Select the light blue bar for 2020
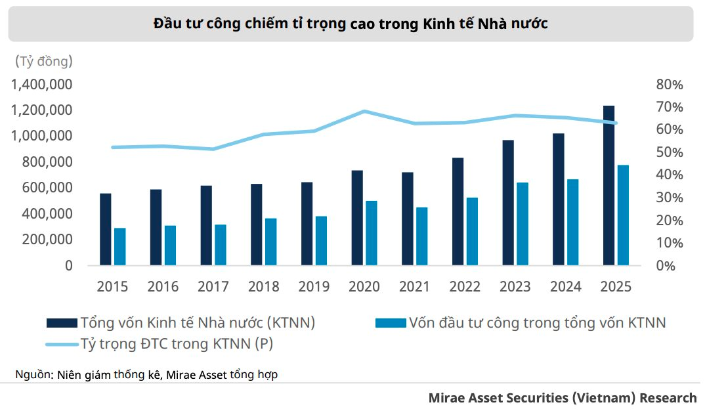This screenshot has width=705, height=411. coord(372,232)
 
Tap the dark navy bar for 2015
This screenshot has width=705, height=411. coord(106,229)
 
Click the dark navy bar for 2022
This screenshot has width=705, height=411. coord(458,211)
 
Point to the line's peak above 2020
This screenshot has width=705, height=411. coord(364,112)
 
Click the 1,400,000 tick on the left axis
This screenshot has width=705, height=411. coord(41,85)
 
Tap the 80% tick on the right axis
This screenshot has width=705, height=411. coord(669,85)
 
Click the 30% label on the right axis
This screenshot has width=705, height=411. coord(669,198)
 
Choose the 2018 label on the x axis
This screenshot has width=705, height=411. coord(264,286)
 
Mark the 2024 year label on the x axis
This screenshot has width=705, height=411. coord(565,286)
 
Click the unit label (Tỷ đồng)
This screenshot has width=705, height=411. coord(43,62)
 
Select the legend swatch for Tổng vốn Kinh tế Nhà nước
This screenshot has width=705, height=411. coord(61,322)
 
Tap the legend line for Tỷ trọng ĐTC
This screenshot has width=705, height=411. coord(61,343)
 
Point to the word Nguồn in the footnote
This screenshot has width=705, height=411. coord(32,375)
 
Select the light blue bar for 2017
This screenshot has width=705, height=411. coord(220,245)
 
